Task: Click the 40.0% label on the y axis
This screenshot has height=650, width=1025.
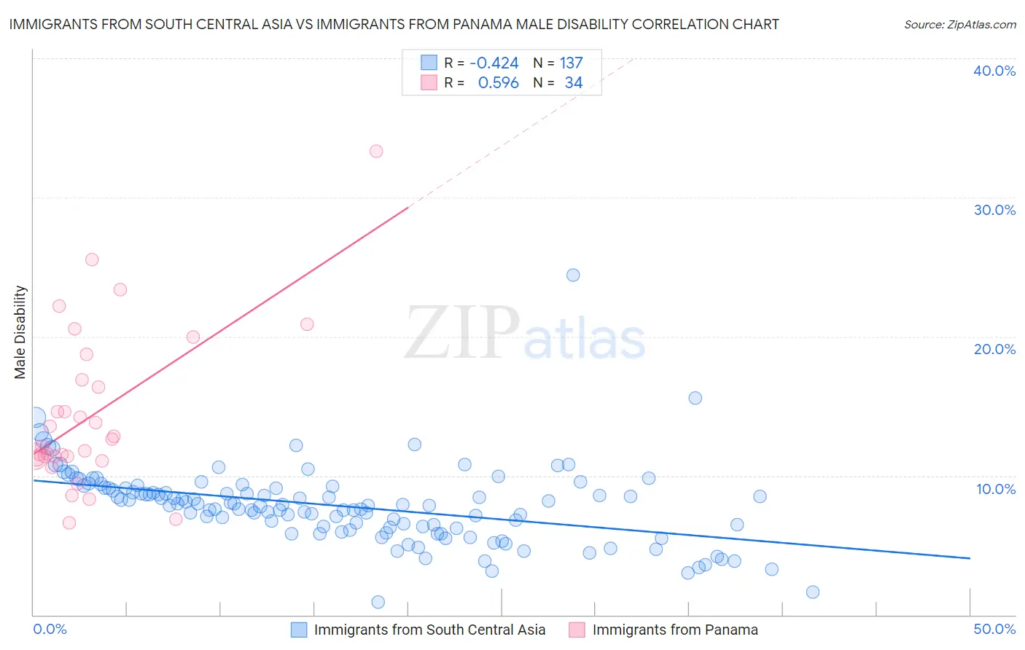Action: (994, 71)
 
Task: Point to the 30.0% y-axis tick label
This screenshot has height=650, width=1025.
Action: (994, 210)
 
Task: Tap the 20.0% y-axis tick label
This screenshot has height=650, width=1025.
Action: (994, 349)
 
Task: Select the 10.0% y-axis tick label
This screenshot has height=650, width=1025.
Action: (996, 489)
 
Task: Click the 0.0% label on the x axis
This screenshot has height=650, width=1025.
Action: (50, 629)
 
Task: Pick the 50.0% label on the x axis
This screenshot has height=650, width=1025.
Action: (994, 629)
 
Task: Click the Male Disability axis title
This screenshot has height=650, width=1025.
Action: (20, 332)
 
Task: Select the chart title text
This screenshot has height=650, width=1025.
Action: (394, 24)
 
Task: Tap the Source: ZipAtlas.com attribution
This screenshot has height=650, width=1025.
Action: (959, 24)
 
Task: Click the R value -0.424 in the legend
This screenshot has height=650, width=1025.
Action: (494, 63)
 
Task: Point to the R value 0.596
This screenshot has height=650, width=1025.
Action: (498, 83)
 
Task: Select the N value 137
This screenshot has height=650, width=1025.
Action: (571, 63)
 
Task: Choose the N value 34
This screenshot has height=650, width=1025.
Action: (574, 83)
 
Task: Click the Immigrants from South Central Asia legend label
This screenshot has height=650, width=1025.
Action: (429, 630)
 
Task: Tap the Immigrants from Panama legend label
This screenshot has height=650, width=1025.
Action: (675, 630)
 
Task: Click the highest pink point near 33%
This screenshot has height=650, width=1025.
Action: (376, 152)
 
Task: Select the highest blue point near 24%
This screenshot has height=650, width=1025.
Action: (573, 275)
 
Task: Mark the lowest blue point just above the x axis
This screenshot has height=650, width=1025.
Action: (378, 602)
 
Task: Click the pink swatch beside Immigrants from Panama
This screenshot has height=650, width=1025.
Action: (577, 630)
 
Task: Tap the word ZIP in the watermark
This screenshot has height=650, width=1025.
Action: (462, 333)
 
